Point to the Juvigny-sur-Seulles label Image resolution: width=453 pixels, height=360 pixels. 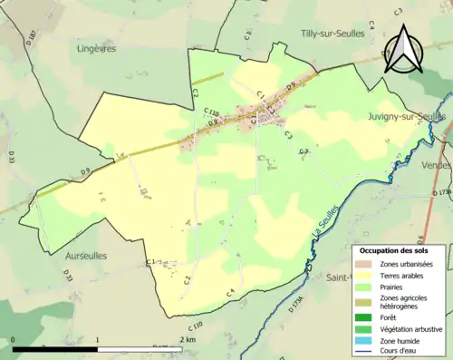(407, 117)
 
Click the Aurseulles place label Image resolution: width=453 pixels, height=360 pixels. (86, 256)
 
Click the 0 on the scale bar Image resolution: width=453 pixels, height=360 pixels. (14, 339)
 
